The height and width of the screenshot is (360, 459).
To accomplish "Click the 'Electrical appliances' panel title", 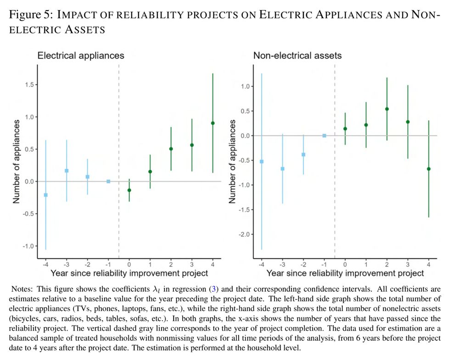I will tap(81, 55).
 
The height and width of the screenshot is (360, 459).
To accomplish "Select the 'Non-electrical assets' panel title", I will tap(297, 55).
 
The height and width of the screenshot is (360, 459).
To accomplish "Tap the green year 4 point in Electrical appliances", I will tap(213, 123).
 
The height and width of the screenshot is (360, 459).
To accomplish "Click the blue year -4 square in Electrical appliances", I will tap(45, 195).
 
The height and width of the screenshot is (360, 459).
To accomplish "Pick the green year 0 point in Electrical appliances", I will tap(129, 190).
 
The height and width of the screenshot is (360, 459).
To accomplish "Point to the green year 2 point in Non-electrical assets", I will tap(387, 109).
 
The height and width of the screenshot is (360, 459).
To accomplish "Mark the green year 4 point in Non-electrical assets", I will tap(429, 169).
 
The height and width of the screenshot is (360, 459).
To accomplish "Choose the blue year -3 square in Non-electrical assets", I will tap(282, 169).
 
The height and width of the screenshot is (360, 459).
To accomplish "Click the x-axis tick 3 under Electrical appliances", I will tap(192, 265).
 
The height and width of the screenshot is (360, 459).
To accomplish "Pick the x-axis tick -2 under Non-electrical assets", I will tap(303, 265).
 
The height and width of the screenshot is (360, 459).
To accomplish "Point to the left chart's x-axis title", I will tap(129, 273).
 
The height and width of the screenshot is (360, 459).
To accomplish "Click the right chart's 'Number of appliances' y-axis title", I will tap(233, 161).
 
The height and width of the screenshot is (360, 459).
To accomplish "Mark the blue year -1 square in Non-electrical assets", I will tap(324, 136).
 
